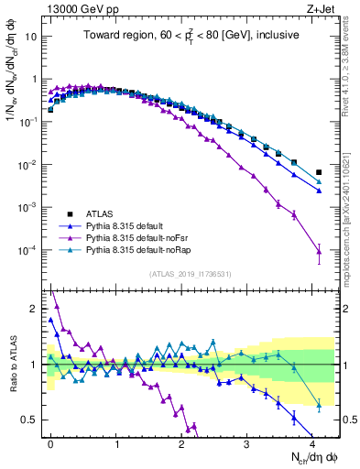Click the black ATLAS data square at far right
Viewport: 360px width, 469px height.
[319, 172]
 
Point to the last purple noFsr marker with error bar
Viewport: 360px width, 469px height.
[319, 251]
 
